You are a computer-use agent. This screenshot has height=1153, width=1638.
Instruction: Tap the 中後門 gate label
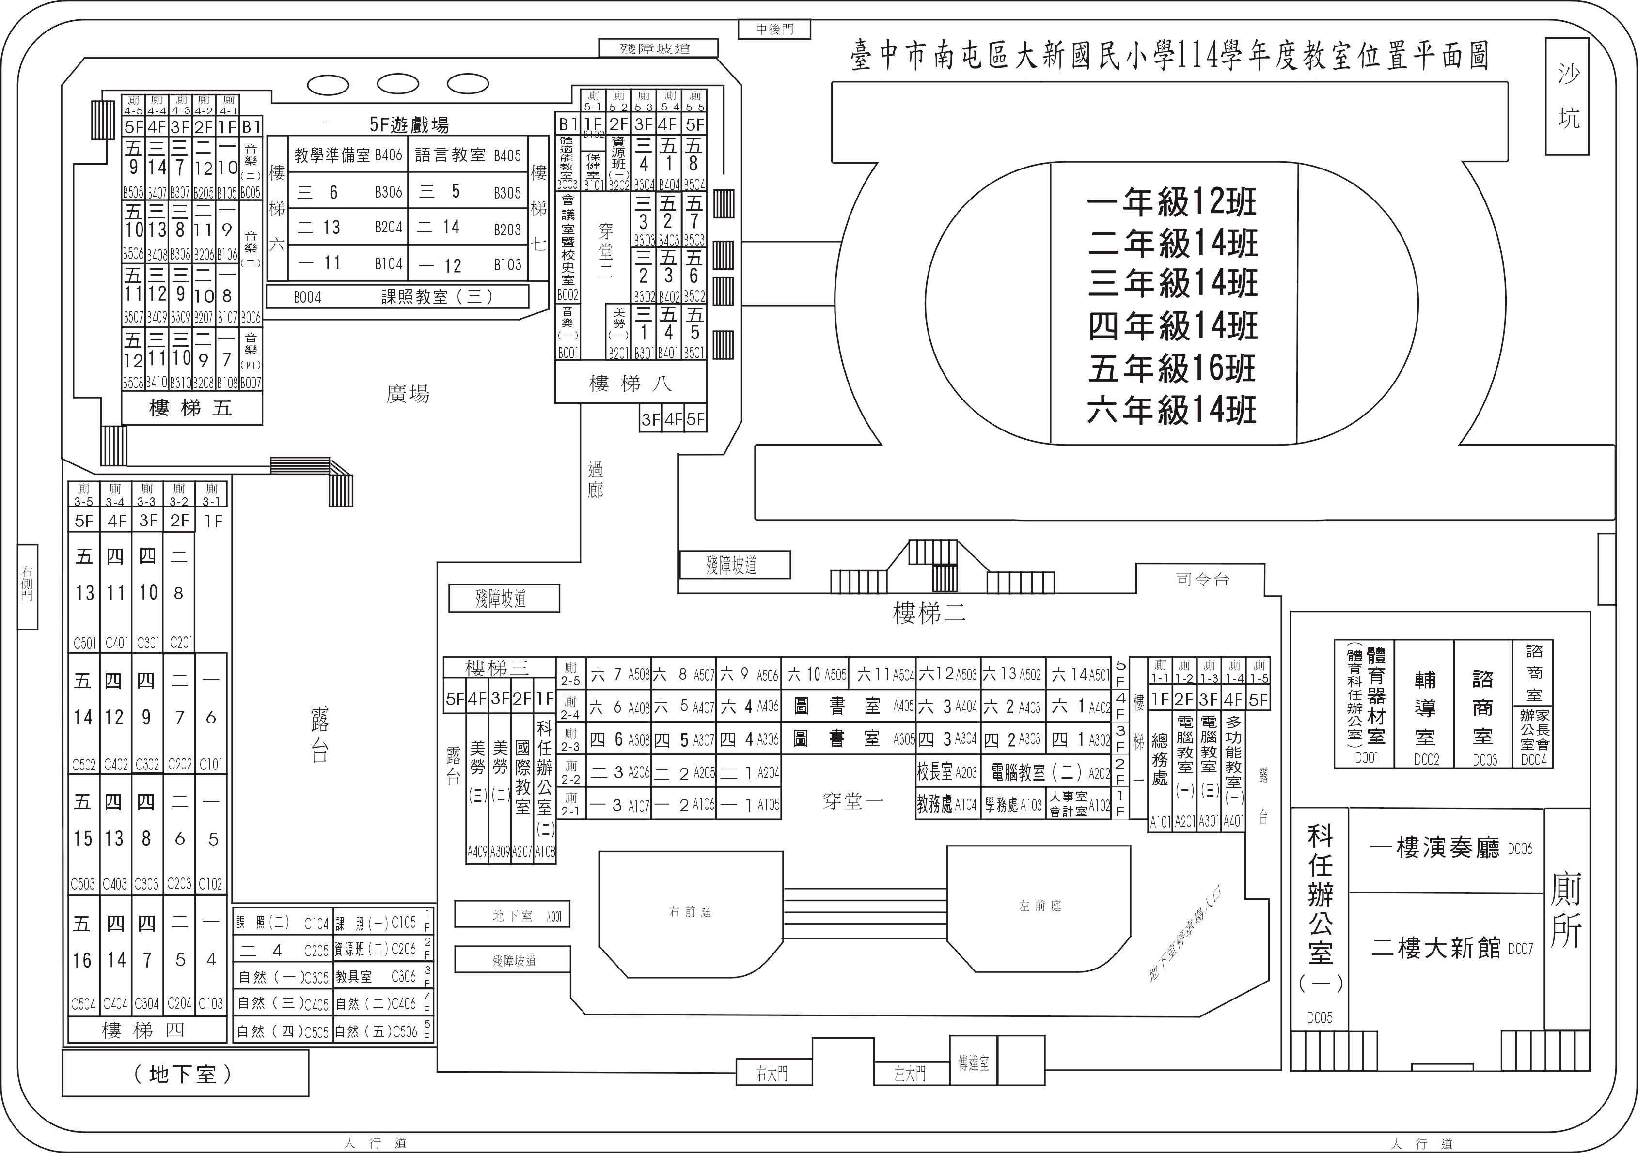click(x=774, y=29)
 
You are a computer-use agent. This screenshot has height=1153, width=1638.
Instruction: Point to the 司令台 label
click(x=1202, y=579)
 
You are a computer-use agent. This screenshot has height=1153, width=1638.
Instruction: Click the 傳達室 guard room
click(x=973, y=1063)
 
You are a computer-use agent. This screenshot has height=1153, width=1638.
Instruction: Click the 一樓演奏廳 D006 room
click(x=1448, y=848)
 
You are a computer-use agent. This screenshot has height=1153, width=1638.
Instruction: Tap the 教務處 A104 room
click(x=947, y=804)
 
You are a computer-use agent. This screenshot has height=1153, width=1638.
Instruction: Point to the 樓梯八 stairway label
click(x=630, y=384)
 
